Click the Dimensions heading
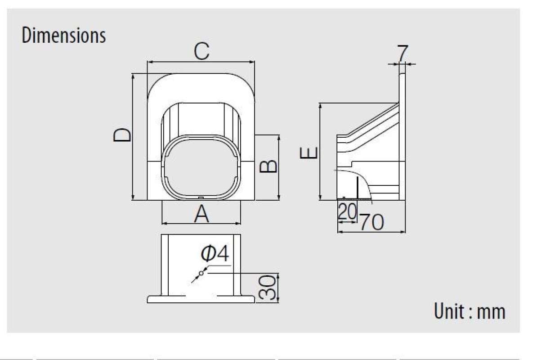[x=63, y=36]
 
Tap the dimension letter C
[x=201, y=52]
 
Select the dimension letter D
[x=122, y=135]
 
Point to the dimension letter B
[x=269, y=166]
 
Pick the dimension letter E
[x=309, y=153]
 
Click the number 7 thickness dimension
[x=402, y=54]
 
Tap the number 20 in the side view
[x=347, y=211]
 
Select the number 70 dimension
[x=371, y=222]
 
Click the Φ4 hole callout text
[x=215, y=255]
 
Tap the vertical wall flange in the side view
[x=402, y=135]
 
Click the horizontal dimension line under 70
[x=371, y=232]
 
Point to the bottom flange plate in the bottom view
[x=201, y=299]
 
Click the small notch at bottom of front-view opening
[x=201, y=197]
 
